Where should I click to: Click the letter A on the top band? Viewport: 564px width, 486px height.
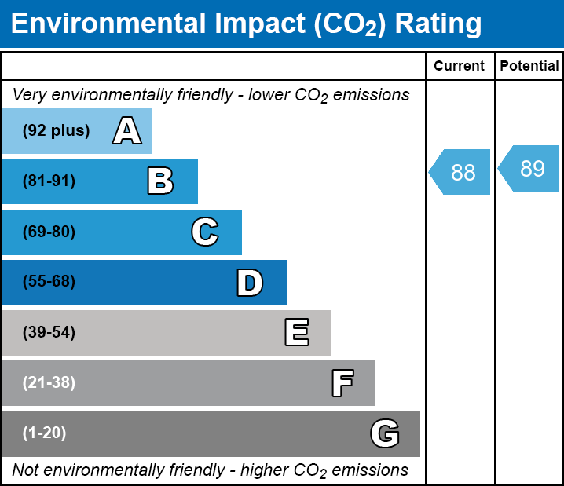tap(126, 131)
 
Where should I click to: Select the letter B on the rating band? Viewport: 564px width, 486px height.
tap(160, 181)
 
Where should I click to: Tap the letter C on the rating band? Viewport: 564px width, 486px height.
tap(204, 232)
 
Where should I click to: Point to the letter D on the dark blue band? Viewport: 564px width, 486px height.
tap(250, 283)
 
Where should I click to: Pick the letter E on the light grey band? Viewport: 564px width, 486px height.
tap(296, 333)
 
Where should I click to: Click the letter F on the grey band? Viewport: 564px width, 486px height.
tap(342, 383)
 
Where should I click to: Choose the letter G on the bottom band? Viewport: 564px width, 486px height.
tap(385, 433)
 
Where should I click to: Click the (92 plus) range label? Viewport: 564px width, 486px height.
tap(56, 131)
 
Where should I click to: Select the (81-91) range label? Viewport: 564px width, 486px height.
tap(49, 181)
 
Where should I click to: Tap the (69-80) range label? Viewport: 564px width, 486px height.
tap(49, 232)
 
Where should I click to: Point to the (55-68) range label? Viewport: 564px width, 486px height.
tap(49, 282)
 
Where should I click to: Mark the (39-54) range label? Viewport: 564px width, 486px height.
tap(49, 333)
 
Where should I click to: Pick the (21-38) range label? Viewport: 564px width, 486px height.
tap(49, 383)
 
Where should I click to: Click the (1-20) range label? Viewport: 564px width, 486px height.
tap(44, 433)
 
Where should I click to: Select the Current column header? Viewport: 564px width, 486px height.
tap(460, 67)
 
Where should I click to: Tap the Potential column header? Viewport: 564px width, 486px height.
tap(529, 67)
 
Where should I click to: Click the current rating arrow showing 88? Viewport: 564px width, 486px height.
tap(461, 172)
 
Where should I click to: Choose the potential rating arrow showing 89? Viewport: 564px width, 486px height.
tap(530, 169)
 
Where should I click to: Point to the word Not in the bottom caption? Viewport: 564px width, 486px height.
tap(25, 470)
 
